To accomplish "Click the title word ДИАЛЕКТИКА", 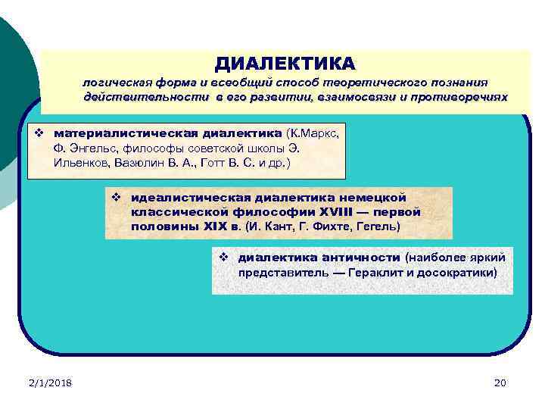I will pyautogui.click(x=284, y=62).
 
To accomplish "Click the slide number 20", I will pyautogui.click(x=499, y=383).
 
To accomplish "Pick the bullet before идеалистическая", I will pyautogui.click(x=117, y=198).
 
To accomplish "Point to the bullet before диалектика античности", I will pyautogui.click(x=224, y=258).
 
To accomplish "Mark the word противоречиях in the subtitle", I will pyautogui.click(x=464, y=98).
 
